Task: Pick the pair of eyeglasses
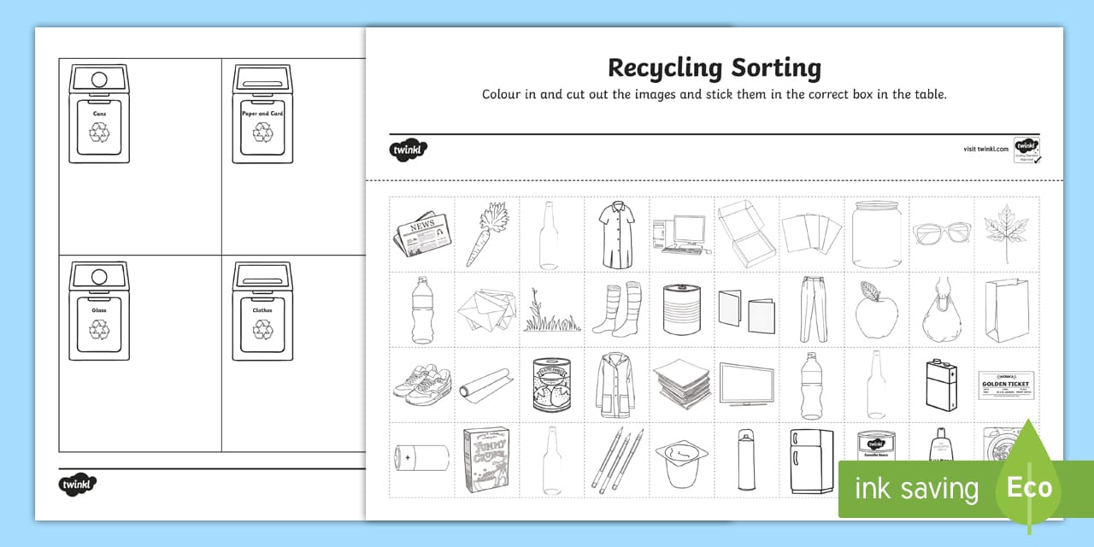[x=941, y=232]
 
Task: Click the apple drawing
[x=876, y=309]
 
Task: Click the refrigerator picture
[x=811, y=461]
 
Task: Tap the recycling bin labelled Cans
[x=99, y=114]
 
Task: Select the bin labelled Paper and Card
[x=262, y=114]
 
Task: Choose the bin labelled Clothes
[x=262, y=310]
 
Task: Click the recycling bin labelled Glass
[x=99, y=310]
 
